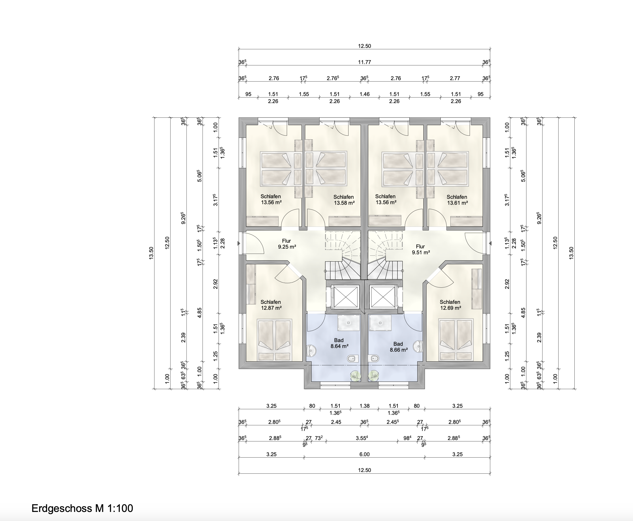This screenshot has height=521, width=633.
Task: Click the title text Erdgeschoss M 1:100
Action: [x=82, y=508]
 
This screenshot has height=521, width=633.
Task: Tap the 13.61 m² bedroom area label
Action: [x=457, y=203]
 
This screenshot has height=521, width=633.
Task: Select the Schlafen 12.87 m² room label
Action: [x=271, y=305]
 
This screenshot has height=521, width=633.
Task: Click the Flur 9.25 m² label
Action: [x=287, y=244]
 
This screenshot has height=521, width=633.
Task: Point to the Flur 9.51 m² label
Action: [x=421, y=249]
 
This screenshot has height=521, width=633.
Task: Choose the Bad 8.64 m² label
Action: [x=339, y=343]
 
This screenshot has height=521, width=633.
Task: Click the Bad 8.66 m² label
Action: [x=398, y=347]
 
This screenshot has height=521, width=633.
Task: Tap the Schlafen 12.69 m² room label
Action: [x=450, y=305]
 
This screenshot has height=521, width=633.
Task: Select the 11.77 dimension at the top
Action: [x=365, y=62]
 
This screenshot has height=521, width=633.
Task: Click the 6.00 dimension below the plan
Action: [x=365, y=454]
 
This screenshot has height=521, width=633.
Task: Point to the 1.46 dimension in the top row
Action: [x=365, y=94]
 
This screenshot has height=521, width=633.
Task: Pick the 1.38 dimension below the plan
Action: [x=365, y=406]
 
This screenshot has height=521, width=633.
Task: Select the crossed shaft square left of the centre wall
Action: [x=346, y=297]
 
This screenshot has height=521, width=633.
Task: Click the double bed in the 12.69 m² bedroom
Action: [x=456, y=339]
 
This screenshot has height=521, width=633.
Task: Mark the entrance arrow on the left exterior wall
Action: [x=239, y=243]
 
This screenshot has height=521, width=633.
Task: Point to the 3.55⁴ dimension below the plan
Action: [x=362, y=438]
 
